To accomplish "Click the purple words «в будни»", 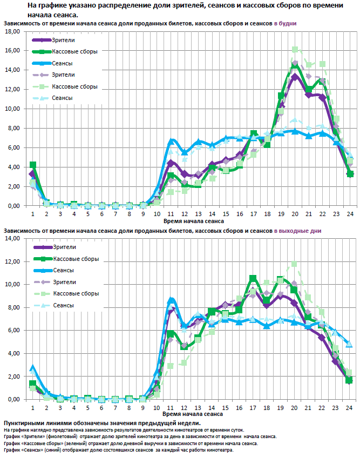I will [285, 24].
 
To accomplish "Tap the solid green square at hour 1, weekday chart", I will [33, 165].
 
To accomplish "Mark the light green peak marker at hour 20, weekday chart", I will [295, 50].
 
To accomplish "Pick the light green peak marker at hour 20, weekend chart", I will [295, 264].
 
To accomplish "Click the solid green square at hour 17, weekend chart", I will [253, 278].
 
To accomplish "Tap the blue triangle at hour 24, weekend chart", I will [350, 344].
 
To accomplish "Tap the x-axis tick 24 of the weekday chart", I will [350, 213].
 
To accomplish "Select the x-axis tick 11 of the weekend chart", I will [171, 407].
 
